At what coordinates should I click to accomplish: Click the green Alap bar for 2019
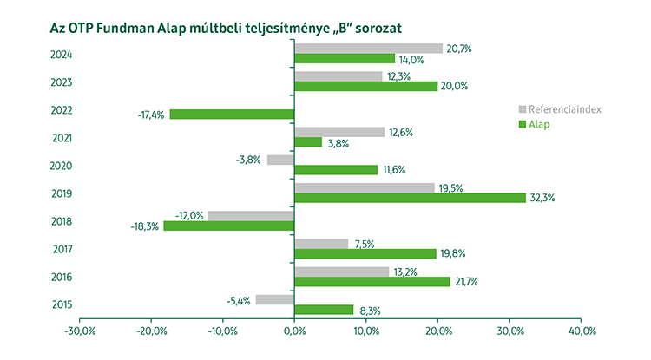[410, 198]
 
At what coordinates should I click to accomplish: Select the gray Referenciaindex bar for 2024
[368, 49]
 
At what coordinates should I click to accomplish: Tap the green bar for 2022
[232, 115]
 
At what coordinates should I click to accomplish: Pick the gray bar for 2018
[251, 216]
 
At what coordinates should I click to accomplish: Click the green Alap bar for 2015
[324, 310]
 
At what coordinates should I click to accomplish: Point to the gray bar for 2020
[280, 160]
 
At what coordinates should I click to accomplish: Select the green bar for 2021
[308, 142]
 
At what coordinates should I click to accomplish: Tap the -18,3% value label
[144, 226]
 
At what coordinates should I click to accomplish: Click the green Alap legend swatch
[523, 125]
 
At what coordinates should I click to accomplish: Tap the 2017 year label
[38, 249]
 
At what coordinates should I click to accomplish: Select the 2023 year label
[38, 82]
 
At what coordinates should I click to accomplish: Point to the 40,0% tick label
[582, 331]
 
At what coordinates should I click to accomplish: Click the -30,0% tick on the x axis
[80, 331]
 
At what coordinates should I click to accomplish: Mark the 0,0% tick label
[295, 331]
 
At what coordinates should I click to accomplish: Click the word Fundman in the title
[132, 28]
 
